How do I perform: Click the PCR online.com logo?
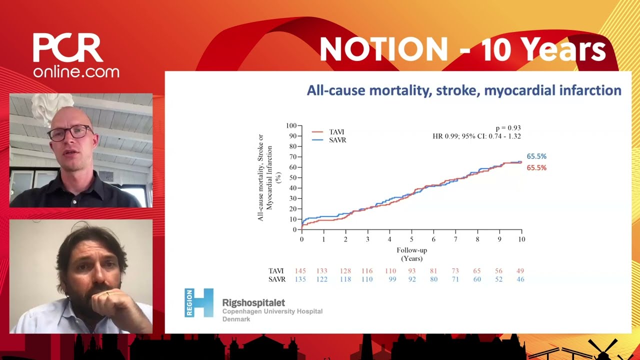pyautogui.click(x=76, y=55)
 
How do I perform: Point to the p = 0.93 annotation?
pyautogui.click(x=508, y=128)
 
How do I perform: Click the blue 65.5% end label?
pyautogui.click(x=536, y=156)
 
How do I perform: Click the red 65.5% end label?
pyautogui.click(x=536, y=168)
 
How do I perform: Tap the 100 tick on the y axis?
pyautogui.click(x=291, y=125)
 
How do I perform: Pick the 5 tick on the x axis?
pyautogui.click(x=411, y=239)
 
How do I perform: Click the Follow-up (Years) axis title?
pyautogui.click(x=411, y=254)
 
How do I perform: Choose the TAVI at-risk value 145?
pyautogui.click(x=300, y=271)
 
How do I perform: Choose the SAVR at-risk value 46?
pyautogui.click(x=520, y=279)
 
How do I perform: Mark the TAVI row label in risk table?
pyautogui.click(x=276, y=271)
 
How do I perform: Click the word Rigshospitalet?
pyautogui.click(x=253, y=303)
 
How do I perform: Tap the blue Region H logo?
pyautogui.click(x=198, y=302)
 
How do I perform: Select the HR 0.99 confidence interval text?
pyautogui.click(x=476, y=136)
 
